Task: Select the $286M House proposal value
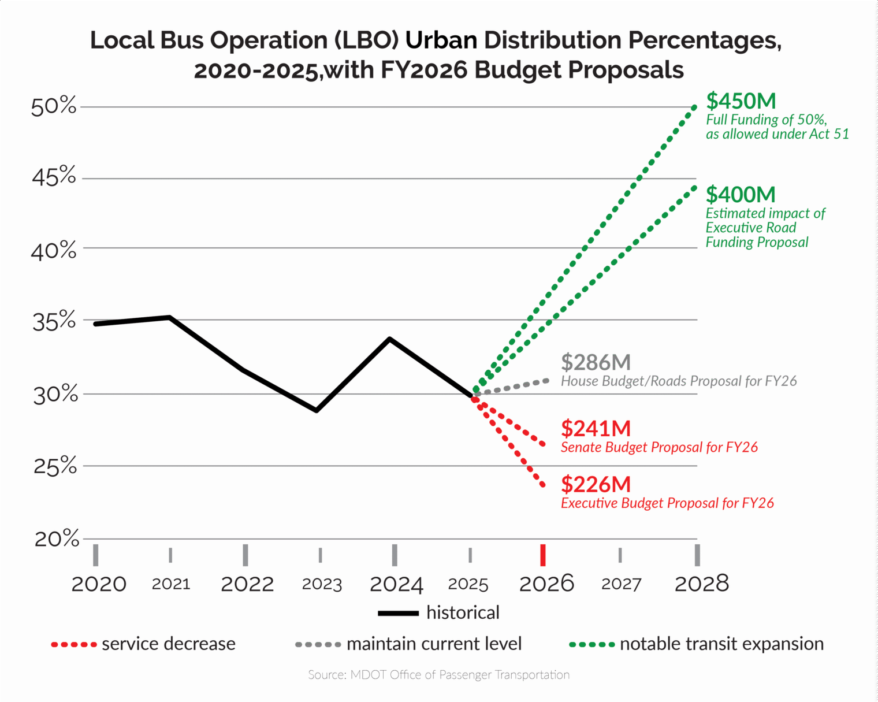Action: [x=596, y=363]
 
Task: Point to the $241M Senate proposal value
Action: [x=596, y=429]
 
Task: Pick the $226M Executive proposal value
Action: [x=596, y=485]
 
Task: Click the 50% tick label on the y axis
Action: [x=54, y=107]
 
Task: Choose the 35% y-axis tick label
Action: [x=54, y=321]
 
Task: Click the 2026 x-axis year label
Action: [x=546, y=584]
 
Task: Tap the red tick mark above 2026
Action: [x=543, y=555]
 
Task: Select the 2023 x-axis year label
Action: [x=322, y=584]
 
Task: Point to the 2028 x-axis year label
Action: [x=701, y=584]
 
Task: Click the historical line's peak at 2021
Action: [x=169, y=317]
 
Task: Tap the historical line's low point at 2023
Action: [x=317, y=410]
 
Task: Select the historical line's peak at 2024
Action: [x=390, y=339]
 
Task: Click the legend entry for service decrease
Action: [x=143, y=644]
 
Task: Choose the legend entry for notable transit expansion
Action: [x=696, y=644]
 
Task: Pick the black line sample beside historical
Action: [x=398, y=613]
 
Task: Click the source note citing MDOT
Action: [x=438, y=675]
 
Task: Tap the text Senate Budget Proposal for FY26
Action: [x=659, y=447]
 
